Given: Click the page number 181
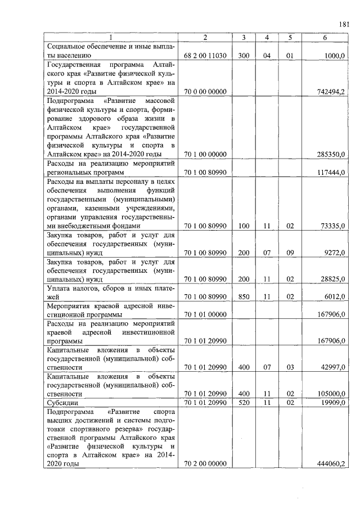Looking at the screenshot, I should click(344, 24).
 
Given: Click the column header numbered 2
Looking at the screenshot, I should click(205, 38).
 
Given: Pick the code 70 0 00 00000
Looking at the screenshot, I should click(205, 91).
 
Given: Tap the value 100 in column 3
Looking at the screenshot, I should click(244, 226).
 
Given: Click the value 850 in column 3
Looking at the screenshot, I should click(244, 297).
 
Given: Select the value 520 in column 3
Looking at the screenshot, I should click(244, 403).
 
